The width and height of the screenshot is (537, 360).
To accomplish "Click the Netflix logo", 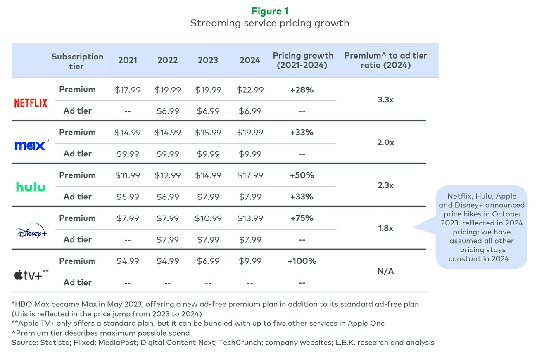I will pyautogui.click(x=31, y=103).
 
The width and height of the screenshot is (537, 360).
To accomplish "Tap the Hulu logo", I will pyautogui.click(x=31, y=187).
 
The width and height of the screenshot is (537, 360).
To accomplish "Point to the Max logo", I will pyautogui.click(x=30, y=145).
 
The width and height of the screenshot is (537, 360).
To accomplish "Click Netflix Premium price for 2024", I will pyautogui.click(x=250, y=90).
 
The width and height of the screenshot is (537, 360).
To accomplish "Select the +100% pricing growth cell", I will pyautogui.click(x=302, y=261).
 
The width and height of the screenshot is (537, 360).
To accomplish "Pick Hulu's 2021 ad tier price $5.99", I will pyautogui.click(x=127, y=197).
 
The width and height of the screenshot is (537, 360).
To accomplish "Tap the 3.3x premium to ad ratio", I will pyautogui.click(x=385, y=100).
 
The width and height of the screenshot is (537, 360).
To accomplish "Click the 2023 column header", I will pyautogui.click(x=208, y=60).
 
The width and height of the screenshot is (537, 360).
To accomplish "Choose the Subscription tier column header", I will pyautogui.click(x=77, y=61).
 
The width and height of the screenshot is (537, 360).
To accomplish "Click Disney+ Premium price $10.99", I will pyautogui.click(x=208, y=218).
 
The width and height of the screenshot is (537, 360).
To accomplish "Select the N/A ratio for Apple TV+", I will pyautogui.click(x=385, y=271).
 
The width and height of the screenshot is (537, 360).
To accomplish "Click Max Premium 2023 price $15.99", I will pyautogui.click(x=208, y=133).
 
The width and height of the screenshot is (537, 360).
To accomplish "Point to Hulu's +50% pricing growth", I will pyautogui.click(x=302, y=175).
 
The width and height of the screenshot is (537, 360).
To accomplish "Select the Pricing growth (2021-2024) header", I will pyautogui.click(x=303, y=60).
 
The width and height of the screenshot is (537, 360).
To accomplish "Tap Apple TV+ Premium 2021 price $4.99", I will pyautogui.click(x=127, y=261).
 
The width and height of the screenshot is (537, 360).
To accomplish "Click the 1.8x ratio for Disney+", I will pyautogui.click(x=385, y=228).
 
